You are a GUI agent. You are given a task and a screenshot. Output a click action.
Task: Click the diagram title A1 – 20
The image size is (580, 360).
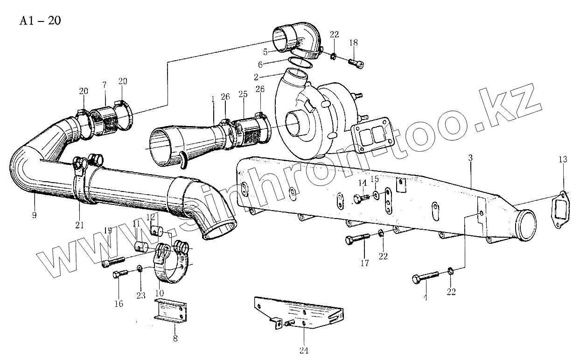pos(40,21)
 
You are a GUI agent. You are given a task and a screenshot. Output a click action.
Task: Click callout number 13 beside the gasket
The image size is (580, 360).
pos(563,160)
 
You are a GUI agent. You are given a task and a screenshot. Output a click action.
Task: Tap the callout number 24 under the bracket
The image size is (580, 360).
pos(304,350)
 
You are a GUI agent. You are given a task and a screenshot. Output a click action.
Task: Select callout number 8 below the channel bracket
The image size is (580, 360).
pos(175,339)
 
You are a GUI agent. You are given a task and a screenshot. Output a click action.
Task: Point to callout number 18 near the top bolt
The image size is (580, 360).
pos(353,42)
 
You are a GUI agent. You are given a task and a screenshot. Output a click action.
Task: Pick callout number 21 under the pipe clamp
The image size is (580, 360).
pos(79,225)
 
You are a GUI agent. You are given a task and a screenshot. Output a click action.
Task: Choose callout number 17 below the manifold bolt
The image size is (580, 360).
pos(364,263)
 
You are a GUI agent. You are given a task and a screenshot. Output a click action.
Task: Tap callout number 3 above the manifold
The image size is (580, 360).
pos(470,158)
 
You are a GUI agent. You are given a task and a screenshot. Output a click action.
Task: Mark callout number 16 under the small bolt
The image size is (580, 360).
pos(119,304)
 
